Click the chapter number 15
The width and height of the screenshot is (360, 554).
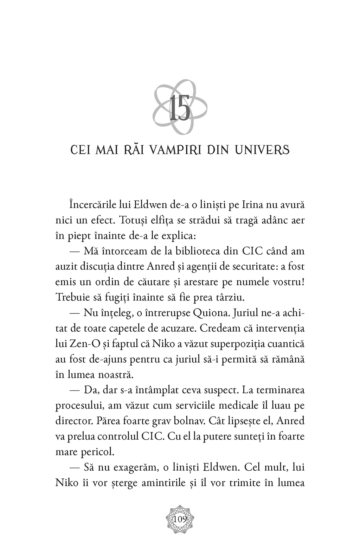180,109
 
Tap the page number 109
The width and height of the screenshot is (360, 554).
180,519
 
